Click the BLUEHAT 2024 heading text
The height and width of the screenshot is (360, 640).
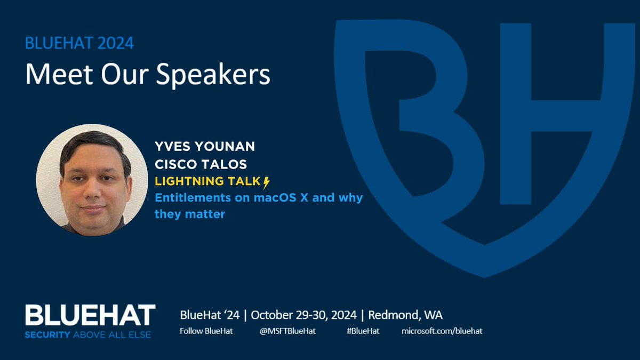(79, 42)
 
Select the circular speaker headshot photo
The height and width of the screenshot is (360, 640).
(92, 180)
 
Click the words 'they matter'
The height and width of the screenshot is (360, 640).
(189, 214)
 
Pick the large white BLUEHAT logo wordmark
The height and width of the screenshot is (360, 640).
(90, 316)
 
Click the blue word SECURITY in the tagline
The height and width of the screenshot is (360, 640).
(49, 335)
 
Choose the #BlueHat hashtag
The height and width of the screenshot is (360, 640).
(363, 331)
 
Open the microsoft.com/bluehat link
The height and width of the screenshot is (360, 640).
(442, 331)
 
